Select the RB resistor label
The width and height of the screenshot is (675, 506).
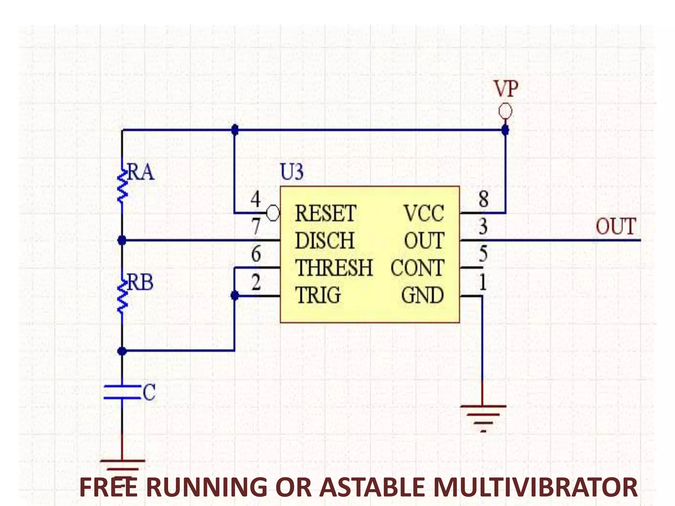tap(140, 283)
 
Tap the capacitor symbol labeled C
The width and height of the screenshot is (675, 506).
tap(122, 392)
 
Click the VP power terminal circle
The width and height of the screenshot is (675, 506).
tap(505, 111)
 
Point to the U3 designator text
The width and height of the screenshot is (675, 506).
tap(292, 172)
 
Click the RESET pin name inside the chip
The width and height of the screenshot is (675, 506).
tap(325, 214)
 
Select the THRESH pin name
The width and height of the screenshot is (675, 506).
tap(334, 268)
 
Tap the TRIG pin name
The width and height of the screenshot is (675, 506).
tap(317, 295)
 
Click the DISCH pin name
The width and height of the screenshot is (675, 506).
tap(324, 241)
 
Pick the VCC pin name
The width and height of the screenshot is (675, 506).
tap(424, 214)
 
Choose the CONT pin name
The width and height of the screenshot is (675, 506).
tap(417, 268)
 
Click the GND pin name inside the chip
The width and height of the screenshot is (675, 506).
tap(422, 295)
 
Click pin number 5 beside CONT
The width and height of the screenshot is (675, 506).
tap(483, 254)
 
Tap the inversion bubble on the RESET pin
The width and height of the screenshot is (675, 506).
tap(273, 213)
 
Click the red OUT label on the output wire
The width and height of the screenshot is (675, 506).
tap(615, 227)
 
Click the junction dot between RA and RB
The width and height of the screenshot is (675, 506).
tap(122, 240)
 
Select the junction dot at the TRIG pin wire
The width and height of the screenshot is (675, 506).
tap(235, 295)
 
